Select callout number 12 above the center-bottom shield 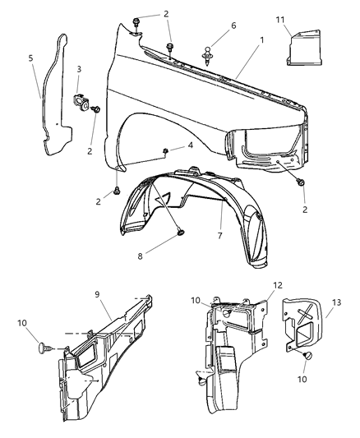tap(278, 285)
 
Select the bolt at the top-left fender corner tap(136, 21)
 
